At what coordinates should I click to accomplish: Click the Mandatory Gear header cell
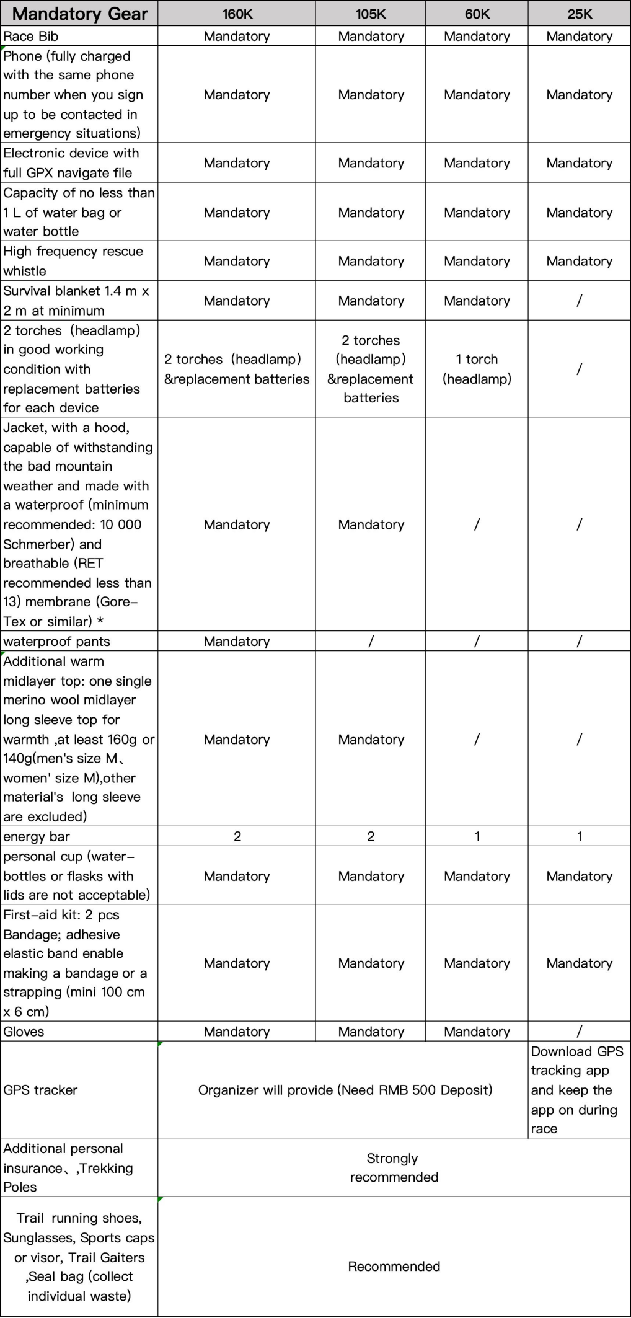pos(79,14)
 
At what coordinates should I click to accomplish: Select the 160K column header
pos(237,14)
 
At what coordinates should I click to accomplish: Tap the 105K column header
pos(371,14)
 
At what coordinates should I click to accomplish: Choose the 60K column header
pos(477,14)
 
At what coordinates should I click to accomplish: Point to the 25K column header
pos(580,14)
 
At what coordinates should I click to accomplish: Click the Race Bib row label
pos(31,36)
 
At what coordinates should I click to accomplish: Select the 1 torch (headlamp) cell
pos(477,369)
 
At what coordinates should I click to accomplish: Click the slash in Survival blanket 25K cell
pos(580,301)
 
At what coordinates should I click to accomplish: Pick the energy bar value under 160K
pos(237,836)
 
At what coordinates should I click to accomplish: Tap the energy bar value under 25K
pos(580,836)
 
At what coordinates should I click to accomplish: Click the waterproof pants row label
pos(56,641)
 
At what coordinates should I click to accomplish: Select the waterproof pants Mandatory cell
pos(237,641)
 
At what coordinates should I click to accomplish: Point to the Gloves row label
pos(24,1032)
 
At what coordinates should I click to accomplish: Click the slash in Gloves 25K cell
pos(580,1032)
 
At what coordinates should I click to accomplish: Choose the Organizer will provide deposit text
pos(345,1090)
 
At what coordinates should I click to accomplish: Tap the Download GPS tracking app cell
pos(577,1090)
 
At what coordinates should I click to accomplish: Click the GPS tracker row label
pos(40,1090)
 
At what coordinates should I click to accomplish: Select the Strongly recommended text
pos(394,1167)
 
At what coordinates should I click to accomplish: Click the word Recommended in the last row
pos(394,1266)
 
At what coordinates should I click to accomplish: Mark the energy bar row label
pos(37,836)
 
